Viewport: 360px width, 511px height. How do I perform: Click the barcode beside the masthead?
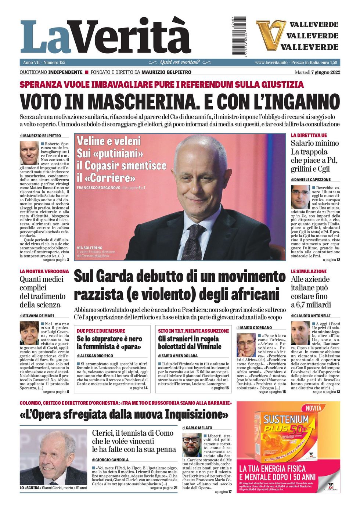point(239,36)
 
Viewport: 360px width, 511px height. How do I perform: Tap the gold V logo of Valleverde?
point(271,35)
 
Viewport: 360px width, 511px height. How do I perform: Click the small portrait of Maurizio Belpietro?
point(29,152)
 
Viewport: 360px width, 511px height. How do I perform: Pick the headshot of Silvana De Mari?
point(29,333)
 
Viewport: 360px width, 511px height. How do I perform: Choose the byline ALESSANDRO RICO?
point(95,356)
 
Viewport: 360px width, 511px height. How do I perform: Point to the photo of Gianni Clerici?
point(53,457)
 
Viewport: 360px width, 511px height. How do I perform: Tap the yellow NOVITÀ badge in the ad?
point(313,408)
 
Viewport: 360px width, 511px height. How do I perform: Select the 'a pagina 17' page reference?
point(223,492)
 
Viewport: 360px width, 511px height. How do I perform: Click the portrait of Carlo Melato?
point(192,445)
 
